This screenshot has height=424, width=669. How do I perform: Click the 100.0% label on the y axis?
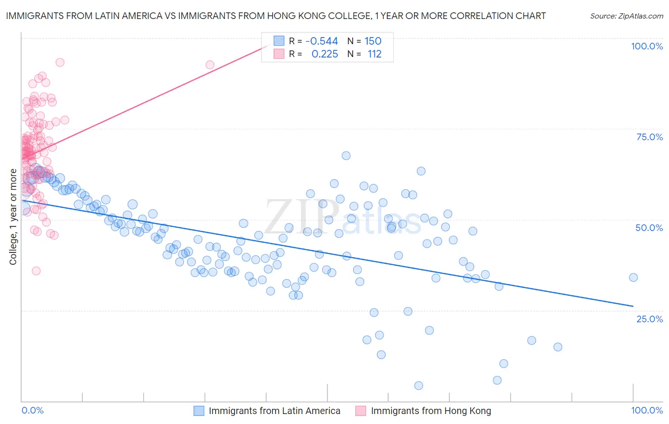[x=647, y=46]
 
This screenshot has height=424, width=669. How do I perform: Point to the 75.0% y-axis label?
[x=649, y=137]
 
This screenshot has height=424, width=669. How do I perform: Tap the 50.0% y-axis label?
[x=649, y=228]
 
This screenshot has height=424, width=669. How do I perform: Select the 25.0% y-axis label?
[x=649, y=318]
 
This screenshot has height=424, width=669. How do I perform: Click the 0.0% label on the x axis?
[x=32, y=410]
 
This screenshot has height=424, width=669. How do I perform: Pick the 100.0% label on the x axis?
[x=647, y=410]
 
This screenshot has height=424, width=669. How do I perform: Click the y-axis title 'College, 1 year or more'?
[x=13, y=217]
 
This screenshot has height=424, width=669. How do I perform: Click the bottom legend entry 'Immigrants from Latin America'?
[x=275, y=411]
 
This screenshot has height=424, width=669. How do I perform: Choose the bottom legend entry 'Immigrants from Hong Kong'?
[x=431, y=411]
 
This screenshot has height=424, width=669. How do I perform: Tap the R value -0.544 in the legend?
[x=322, y=41]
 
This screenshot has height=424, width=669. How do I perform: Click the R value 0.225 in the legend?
[x=325, y=54]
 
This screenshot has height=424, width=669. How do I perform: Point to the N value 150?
[x=373, y=41]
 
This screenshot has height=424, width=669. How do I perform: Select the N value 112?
[x=374, y=54]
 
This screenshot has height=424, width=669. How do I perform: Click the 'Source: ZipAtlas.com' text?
[x=626, y=16]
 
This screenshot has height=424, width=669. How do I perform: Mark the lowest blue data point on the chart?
[x=419, y=385]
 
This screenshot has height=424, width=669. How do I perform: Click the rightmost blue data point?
[x=633, y=278]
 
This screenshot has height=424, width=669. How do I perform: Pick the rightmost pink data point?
[x=210, y=65]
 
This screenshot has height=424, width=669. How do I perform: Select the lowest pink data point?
[x=36, y=271]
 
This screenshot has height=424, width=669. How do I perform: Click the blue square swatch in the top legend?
[x=279, y=41]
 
